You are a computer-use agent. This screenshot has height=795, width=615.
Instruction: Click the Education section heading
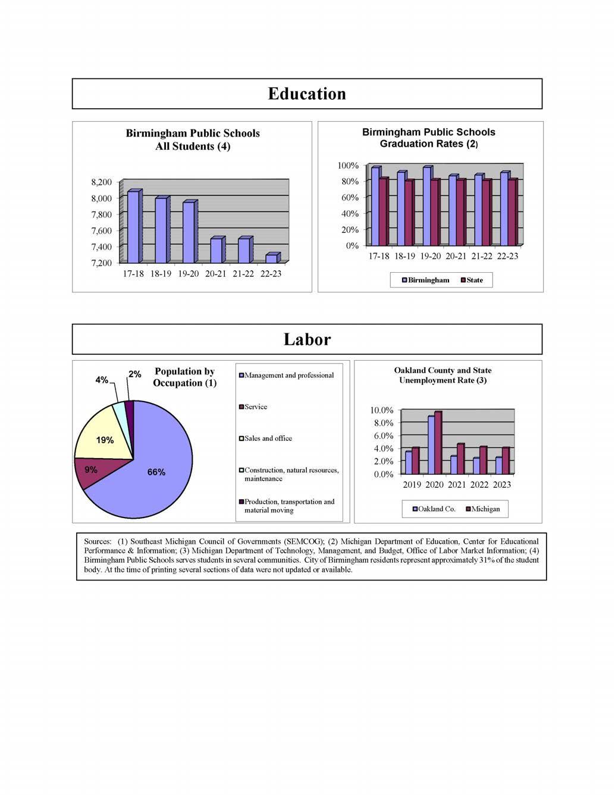click(307, 94)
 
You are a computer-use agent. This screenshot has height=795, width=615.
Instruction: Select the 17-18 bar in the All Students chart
click(133, 227)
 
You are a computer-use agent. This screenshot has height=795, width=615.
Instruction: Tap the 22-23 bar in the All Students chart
click(271, 258)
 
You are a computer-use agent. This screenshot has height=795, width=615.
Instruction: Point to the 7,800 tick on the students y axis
click(101, 214)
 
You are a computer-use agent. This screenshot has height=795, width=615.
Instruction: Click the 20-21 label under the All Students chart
click(216, 274)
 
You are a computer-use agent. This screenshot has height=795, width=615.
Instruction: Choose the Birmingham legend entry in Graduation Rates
click(426, 280)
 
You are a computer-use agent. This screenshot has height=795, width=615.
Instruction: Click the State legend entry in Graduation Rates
click(472, 280)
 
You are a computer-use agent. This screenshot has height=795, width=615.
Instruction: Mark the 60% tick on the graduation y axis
click(350, 197)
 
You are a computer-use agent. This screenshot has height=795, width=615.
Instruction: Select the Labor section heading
click(307, 339)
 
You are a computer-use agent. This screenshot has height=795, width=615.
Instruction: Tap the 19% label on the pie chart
click(105, 440)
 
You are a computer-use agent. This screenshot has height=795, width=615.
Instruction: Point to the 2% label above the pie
click(135, 374)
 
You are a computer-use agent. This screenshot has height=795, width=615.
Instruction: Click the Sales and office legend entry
click(266, 438)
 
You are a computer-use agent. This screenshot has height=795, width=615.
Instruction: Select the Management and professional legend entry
click(287, 376)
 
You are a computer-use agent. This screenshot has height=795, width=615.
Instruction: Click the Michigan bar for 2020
click(438, 443)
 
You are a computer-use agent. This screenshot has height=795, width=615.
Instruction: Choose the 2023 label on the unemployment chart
click(501, 485)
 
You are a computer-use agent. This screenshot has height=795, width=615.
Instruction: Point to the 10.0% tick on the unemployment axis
click(381, 411)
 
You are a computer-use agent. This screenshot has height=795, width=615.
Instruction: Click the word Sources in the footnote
click(98, 541)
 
